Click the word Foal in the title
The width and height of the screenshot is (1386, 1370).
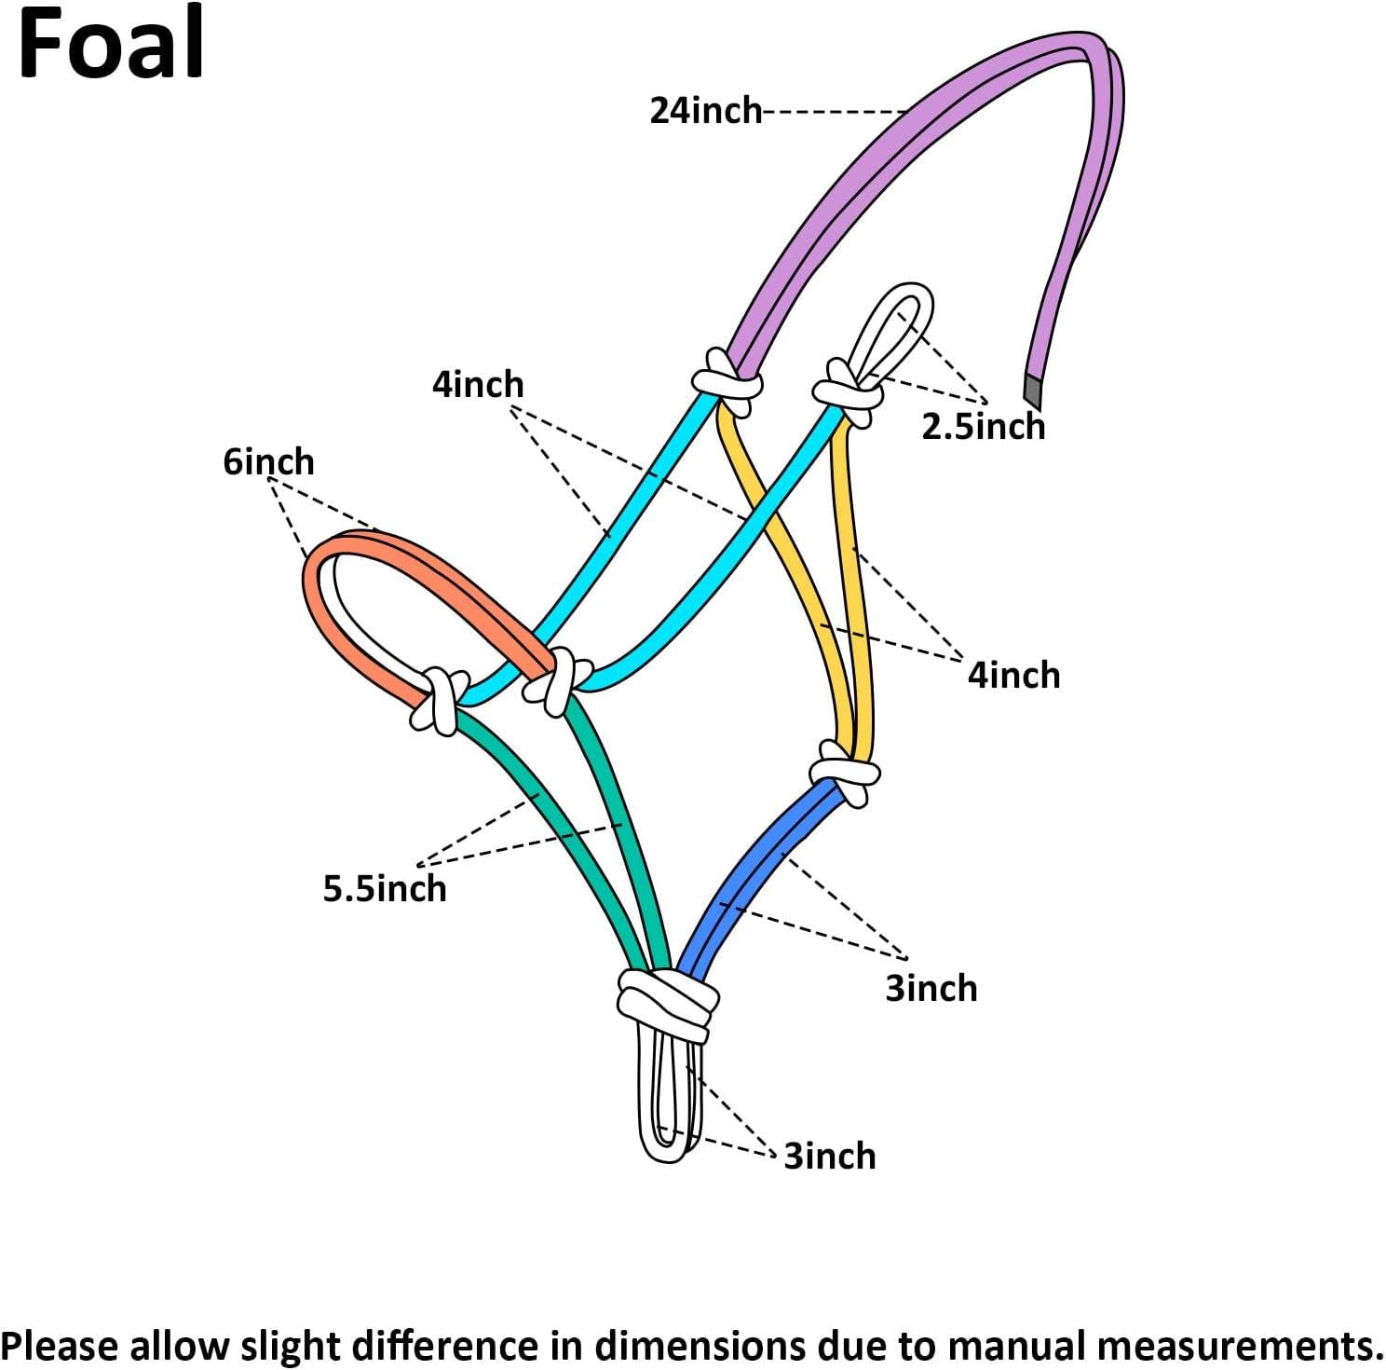click(110, 44)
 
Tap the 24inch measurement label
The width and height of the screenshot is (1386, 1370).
click(705, 111)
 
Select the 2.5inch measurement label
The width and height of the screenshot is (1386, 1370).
click(983, 427)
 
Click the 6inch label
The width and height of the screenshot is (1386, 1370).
click(268, 461)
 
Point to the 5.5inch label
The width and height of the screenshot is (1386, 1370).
click(385, 888)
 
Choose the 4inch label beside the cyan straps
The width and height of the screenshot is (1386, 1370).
click(478, 384)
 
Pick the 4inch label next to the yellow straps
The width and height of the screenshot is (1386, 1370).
click(1013, 675)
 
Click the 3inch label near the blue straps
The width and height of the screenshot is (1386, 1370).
click(931, 988)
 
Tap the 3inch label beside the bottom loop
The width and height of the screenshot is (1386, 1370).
click(829, 1156)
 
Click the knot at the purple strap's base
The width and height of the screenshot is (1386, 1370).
click(727, 381)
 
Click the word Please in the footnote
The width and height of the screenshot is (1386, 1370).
click(61, 1346)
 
